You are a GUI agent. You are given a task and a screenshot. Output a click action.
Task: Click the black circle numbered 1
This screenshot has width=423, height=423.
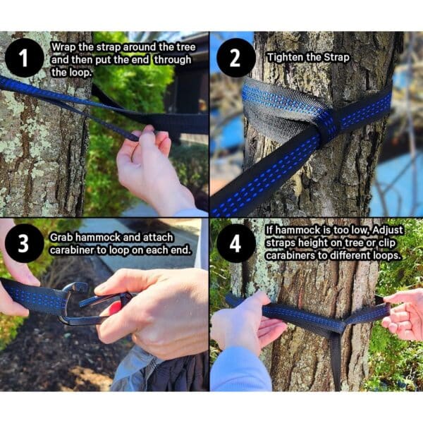(24, 58)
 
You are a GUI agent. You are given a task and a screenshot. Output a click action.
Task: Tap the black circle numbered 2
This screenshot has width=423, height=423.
(235, 58)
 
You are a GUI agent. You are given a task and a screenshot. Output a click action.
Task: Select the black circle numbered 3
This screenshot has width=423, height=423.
(24, 243)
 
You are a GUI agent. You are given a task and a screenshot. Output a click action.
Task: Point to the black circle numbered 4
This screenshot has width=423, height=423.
(235, 243)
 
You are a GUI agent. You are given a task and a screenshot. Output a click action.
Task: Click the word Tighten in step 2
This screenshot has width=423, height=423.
(286, 58)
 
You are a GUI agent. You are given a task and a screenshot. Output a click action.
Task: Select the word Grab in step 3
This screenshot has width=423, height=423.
(61, 238)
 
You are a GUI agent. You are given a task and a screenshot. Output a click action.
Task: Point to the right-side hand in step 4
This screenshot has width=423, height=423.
(403, 314)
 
